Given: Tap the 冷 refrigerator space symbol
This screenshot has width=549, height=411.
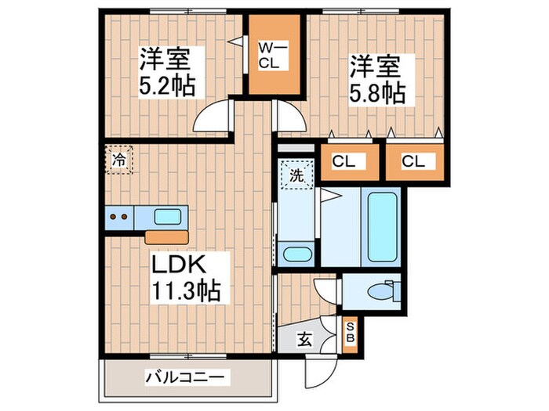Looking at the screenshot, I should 119,160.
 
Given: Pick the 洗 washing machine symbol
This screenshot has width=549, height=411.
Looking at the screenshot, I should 296,176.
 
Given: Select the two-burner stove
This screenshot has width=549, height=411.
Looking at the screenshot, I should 120,217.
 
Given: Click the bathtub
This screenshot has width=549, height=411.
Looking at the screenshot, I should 383,227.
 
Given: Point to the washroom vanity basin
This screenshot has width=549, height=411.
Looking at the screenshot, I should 296,254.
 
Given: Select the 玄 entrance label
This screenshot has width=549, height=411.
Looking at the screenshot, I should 302,340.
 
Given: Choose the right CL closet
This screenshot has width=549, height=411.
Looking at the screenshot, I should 414,162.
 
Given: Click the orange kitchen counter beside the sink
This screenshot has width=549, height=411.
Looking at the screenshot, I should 167,236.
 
